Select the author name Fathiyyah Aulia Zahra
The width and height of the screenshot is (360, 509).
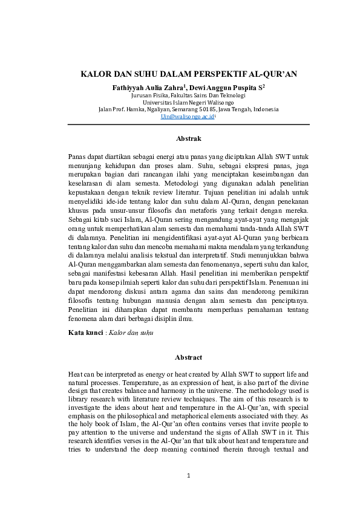click(148, 88)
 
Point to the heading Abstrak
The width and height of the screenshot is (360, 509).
click(188, 138)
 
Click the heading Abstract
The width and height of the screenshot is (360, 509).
click(188, 357)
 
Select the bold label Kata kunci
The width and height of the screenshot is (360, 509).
click(85, 332)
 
